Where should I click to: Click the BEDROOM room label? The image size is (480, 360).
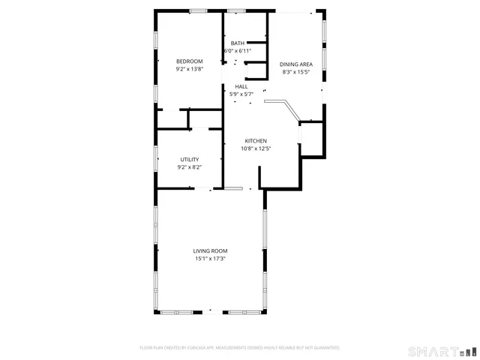coord(189,61)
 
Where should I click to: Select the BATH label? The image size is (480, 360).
coord(237,43)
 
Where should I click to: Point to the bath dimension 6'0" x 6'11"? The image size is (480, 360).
coord(237,51)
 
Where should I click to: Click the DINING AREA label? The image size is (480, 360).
coord(296,64)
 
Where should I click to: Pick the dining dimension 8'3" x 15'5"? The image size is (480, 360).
coord(296,72)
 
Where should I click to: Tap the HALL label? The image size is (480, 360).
coord(241,86)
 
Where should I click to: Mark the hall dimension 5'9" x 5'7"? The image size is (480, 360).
coord(241,94)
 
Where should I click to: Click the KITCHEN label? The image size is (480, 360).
coord(256,141)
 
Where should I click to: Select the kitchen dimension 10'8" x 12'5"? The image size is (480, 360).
coord(256,148)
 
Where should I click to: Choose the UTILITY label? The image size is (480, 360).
coord(189,159)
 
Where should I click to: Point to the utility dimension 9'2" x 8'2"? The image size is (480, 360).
coord(189,166)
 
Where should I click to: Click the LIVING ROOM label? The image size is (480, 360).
coord(210,251)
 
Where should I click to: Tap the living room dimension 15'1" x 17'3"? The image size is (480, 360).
coord(210,259)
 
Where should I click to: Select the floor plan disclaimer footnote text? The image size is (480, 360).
coord(240,347)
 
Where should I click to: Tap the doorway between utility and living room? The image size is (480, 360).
coord(204,187)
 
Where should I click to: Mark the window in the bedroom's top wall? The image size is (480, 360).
coord(199,10)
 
